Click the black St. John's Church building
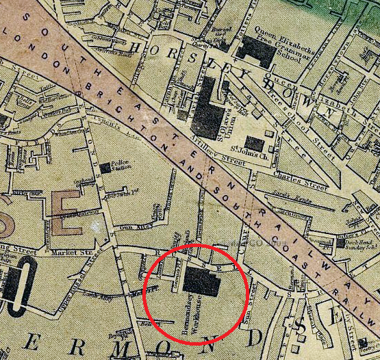(254, 142)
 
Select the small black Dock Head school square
(340, 242)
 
